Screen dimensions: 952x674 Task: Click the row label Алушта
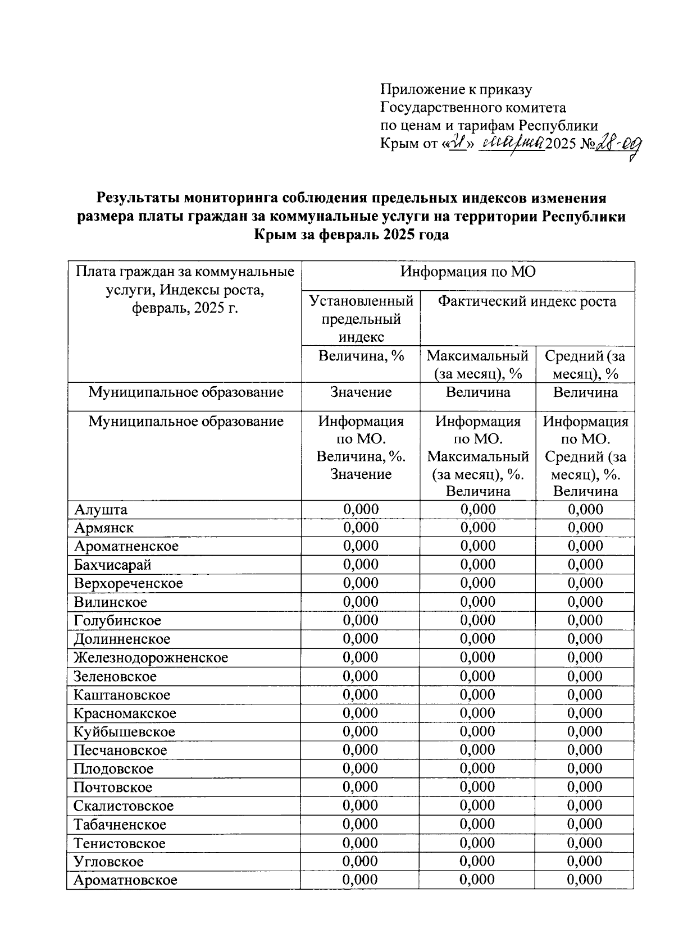101,510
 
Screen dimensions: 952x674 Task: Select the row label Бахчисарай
112,565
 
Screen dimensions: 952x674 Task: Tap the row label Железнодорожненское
151,657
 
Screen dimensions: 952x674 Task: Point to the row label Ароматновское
125,880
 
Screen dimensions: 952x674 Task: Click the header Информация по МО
467,272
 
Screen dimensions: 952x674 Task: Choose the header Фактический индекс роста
527,302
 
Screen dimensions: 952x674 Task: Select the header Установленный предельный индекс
361,319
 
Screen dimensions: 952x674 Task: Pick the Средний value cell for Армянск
585,528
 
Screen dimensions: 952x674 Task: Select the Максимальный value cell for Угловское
477,862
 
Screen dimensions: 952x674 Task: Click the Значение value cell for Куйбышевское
361,731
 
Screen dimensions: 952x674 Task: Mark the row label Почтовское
113,788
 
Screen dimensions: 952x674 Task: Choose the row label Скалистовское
124,806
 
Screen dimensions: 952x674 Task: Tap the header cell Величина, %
361,356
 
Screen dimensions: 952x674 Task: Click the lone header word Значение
361,392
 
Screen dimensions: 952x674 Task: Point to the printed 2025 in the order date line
561,144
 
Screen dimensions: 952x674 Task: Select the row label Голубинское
117,620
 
